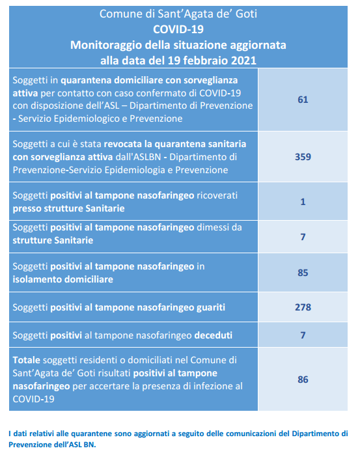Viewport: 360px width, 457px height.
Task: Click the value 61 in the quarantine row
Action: (303, 100)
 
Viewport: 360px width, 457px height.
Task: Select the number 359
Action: (303, 157)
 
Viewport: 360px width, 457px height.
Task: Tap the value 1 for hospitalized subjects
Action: (303, 202)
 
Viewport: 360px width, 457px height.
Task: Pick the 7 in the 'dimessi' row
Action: (303, 237)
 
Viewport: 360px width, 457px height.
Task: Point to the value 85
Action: (303, 273)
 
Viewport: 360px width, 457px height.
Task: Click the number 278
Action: (303, 307)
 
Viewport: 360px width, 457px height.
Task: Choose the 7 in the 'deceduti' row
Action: (303, 335)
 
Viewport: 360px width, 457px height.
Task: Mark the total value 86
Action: (303, 380)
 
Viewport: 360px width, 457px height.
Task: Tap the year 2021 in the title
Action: (243, 61)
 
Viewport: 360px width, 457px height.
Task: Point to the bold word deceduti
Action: (213, 335)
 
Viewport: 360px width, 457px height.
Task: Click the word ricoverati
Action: (217, 195)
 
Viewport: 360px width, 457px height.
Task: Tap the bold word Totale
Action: (26, 360)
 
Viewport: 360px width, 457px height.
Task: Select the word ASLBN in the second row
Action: (147, 157)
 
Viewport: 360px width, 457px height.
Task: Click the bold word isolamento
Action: (37, 279)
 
